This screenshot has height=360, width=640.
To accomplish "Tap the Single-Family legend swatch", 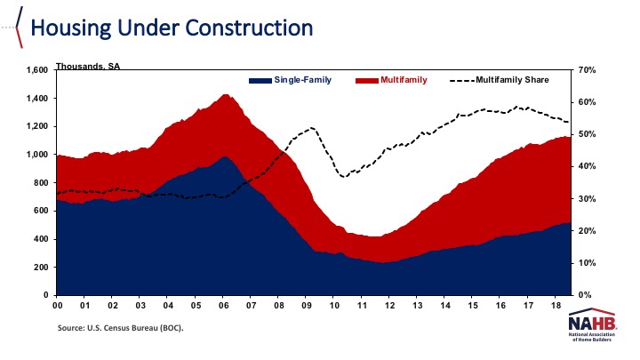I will click(260, 80).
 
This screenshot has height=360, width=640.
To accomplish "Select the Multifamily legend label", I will click(404, 80).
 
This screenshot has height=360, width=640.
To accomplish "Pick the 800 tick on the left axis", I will click(40, 182).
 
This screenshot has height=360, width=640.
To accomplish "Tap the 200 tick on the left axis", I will click(40, 267).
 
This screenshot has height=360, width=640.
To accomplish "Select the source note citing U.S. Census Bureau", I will click(121, 328).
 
